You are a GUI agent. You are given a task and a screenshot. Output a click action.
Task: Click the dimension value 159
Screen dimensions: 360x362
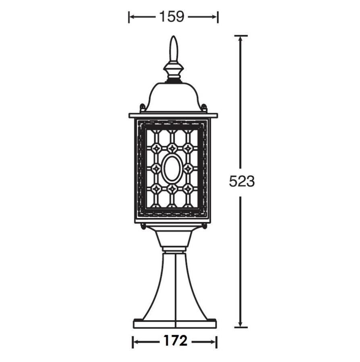coord(172,16)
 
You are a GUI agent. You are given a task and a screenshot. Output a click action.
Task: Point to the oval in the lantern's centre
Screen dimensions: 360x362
coord(172,168)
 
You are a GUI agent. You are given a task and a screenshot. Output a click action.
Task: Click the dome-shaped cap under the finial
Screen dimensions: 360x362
coord(173,97)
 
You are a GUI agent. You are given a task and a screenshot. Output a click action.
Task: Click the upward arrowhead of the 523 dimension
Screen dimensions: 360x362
coord(240,40)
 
